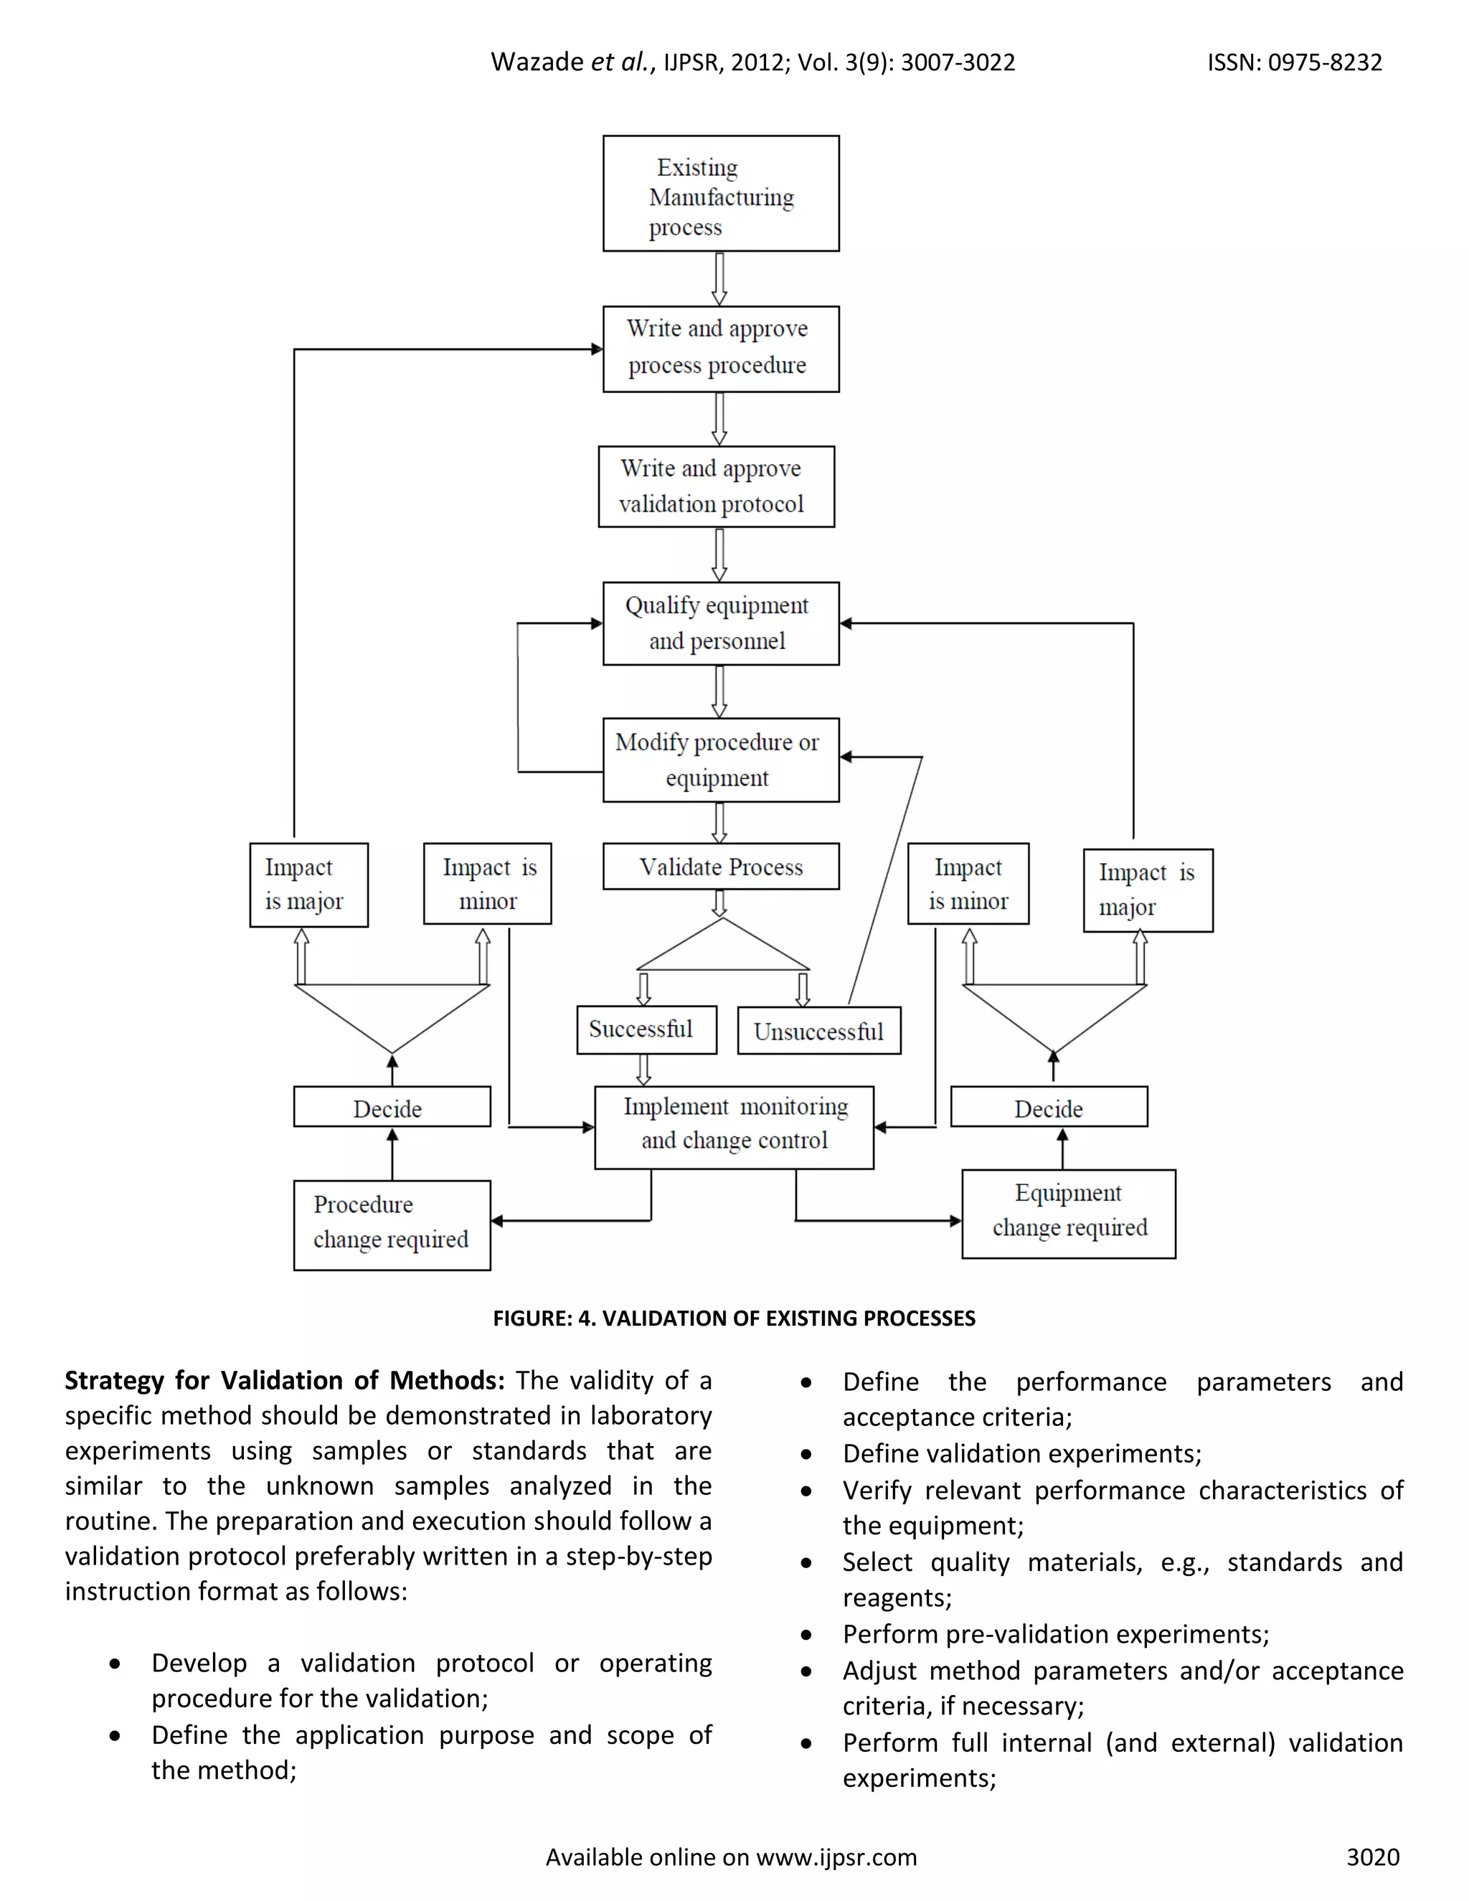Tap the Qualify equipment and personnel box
[721, 623]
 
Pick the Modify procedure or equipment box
[721, 759]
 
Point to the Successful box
[646, 1029]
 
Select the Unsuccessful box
[818, 1032]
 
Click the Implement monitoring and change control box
[734, 1127]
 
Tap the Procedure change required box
[392, 1225]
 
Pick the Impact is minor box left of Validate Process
[487, 884]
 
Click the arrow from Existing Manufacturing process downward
[719, 278]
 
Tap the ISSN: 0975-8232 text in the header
[1294, 62]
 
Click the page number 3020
[1372, 1857]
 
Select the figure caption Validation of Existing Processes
[734, 1318]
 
